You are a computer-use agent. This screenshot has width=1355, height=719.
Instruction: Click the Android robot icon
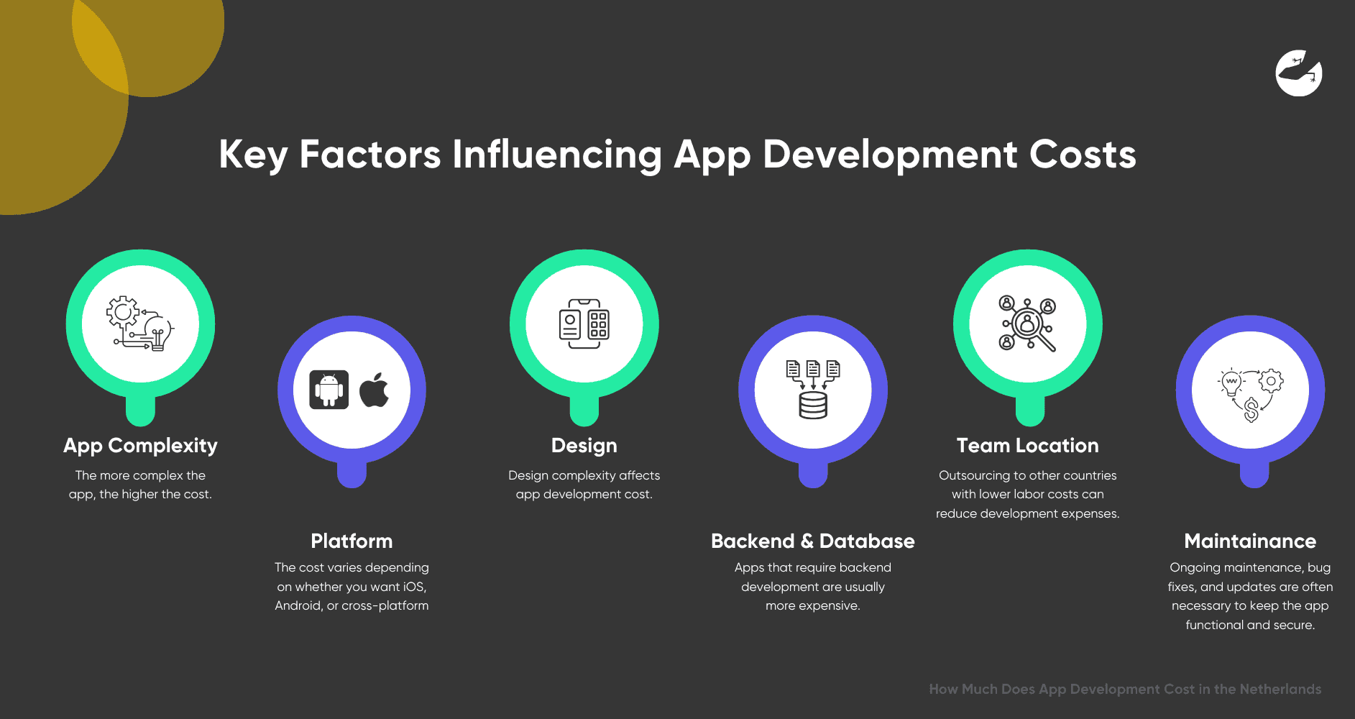click(x=329, y=390)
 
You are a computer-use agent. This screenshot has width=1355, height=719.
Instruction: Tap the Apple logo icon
click(x=374, y=390)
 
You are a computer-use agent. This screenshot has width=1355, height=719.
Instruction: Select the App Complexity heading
click(x=140, y=446)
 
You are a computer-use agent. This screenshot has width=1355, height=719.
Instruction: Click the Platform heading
click(x=352, y=541)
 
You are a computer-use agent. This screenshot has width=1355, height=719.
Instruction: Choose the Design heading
click(x=584, y=446)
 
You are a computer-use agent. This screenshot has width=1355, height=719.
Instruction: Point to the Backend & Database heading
click(x=813, y=541)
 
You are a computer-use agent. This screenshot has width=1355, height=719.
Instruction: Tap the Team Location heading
click(x=1028, y=446)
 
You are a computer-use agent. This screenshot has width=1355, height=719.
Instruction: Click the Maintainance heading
click(x=1250, y=541)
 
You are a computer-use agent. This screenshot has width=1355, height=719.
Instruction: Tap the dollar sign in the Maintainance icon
click(x=1251, y=410)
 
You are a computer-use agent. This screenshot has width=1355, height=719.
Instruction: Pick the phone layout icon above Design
click(x=584, y=324)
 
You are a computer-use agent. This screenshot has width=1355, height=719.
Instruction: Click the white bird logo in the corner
click(x=1299, y=73)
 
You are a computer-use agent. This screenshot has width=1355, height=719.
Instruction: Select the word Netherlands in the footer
click(x=1280, y=689)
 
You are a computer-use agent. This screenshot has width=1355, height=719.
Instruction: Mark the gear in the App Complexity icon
click(x=123, y=312)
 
